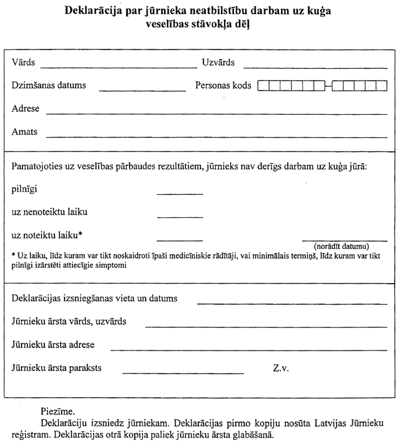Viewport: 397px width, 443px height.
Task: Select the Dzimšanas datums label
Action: pos(49,86)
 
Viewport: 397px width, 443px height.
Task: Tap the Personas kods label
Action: pos(223,86)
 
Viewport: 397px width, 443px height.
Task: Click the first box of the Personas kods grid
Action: pos(262,86)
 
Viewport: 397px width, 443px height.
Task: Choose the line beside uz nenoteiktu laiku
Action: pos(180,217)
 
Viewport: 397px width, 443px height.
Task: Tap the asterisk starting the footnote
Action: pos(14,254)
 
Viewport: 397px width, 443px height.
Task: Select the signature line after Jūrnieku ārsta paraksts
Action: pos(184,373)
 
